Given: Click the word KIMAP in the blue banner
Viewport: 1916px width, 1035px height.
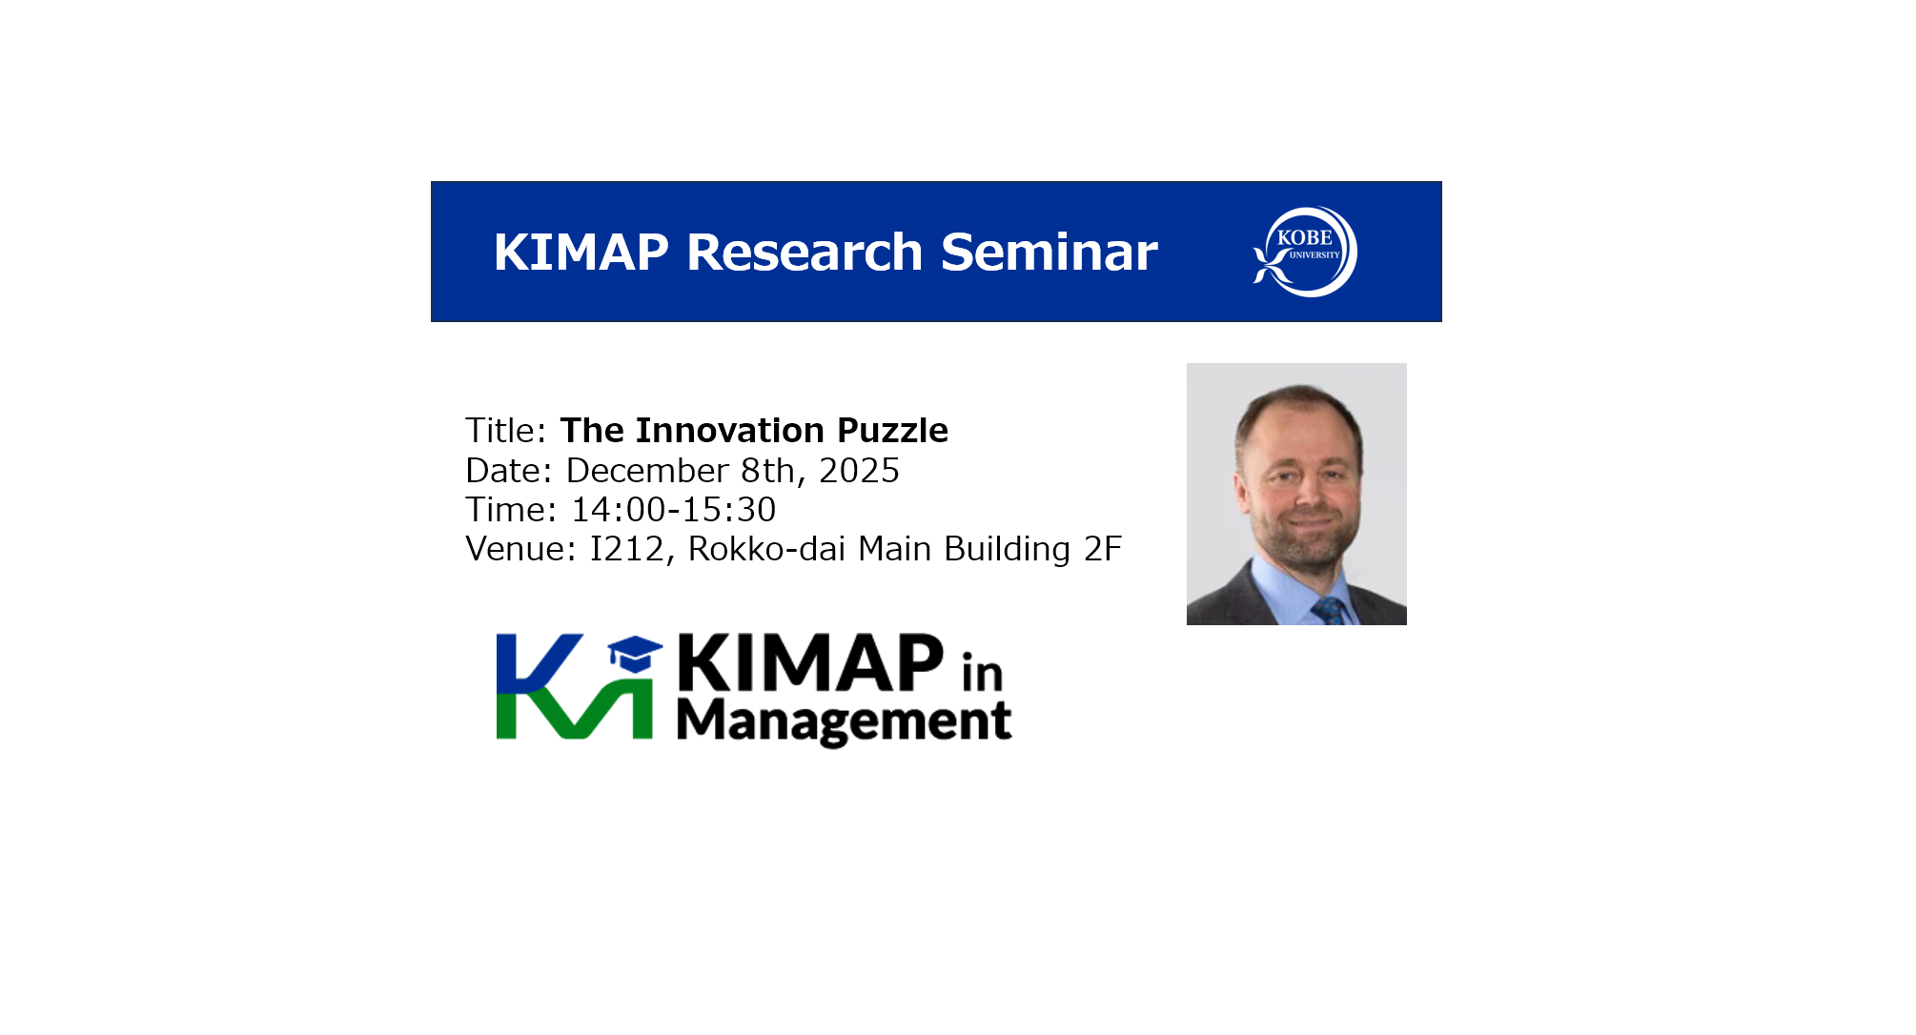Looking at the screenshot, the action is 581,253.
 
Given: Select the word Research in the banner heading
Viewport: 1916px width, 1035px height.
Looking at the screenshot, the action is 805,253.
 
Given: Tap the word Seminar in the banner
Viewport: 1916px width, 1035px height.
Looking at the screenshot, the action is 1049,253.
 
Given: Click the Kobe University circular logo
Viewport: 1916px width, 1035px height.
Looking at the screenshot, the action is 1305,252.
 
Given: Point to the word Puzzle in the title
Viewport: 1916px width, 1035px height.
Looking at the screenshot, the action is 892,431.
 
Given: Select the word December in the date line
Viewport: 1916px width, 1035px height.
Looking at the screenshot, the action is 647,471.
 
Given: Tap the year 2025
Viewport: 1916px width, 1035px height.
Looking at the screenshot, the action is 859,471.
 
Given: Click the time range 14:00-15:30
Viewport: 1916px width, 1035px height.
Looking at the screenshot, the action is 673,510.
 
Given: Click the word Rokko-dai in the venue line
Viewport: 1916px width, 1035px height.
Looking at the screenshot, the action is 766,550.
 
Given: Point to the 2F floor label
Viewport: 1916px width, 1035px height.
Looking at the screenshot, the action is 1103,550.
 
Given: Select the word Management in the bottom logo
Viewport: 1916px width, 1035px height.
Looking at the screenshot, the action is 844,721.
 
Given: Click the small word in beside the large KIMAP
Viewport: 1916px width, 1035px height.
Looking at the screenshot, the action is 982,672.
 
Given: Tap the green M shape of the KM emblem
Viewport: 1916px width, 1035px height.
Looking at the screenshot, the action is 575,708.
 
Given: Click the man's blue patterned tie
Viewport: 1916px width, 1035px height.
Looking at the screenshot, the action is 1329,610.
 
